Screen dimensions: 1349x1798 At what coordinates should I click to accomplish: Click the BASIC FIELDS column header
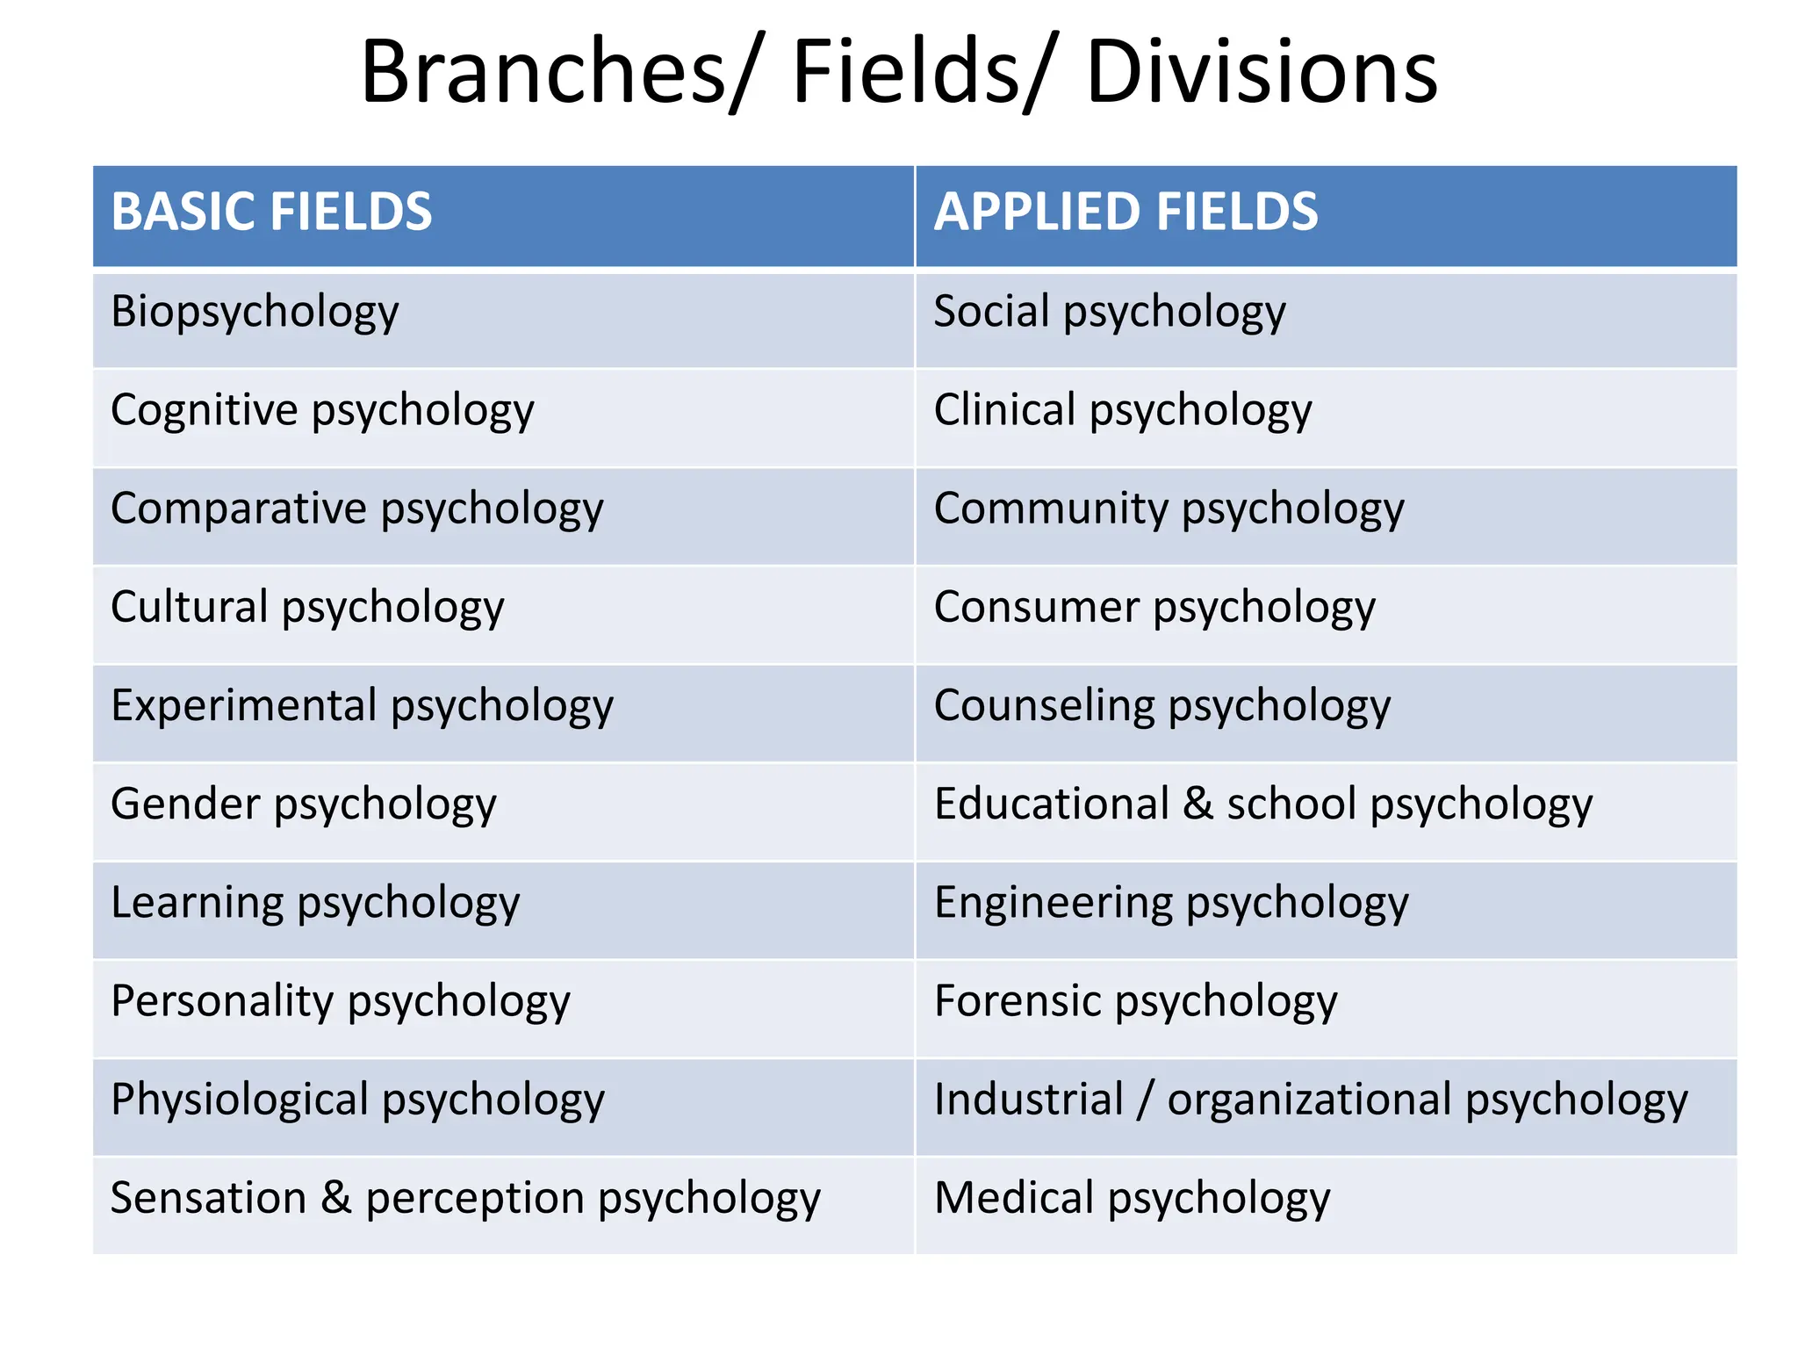coord(271,213)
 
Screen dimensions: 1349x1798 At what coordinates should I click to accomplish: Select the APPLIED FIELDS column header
coord(1126,213)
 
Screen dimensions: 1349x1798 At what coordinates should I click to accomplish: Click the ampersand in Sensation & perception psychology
coord(335,1198)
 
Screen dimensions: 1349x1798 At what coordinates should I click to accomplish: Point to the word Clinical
coord(1004,410)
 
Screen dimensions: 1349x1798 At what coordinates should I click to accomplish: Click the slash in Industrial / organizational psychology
coord(1144,1100)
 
